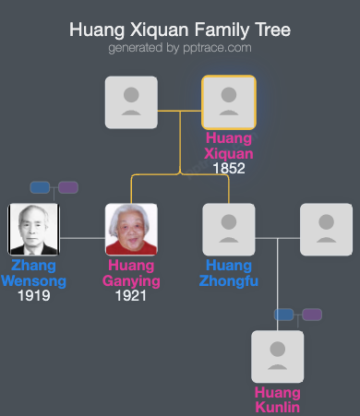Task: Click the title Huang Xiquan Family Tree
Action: [x=180, y=30]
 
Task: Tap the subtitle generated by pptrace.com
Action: [x=180, y=47]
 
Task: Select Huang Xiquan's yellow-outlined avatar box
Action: [x=228, y=101]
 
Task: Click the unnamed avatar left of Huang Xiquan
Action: [x=131, y=101]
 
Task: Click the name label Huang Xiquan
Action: [x=229, y=146]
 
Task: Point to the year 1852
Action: [x=228, y=169]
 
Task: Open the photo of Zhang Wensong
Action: [x=34, y=229]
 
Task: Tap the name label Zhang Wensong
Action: [x=34, y=273]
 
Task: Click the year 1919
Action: [x=33, y=296]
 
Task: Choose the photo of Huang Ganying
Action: [x=131, y=229]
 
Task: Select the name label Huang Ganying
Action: [x=131, y=273]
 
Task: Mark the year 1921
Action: [x=131, y=296]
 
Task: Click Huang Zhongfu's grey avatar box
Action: [x=228, y=229]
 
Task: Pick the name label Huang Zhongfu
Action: [x=228, y=273]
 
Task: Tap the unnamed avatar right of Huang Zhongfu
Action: [x=326, y=229]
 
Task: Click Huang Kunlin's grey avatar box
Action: [x=278, y=356]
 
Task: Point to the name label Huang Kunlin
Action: [x=278, y=399]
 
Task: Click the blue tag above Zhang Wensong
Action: [x=40, y=187]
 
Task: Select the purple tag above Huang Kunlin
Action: [x=312, y=315]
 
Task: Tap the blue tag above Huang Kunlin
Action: [x=284, y=315]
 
